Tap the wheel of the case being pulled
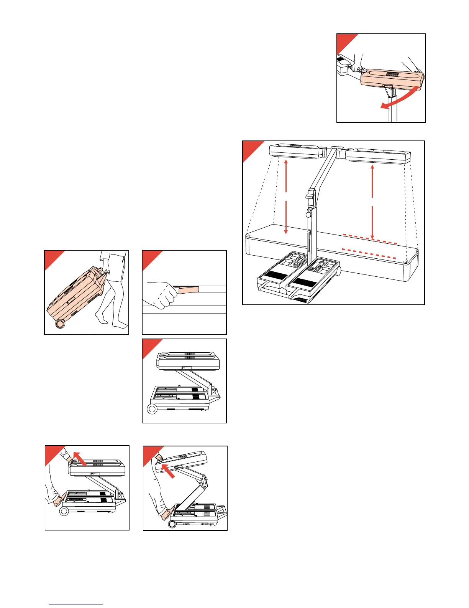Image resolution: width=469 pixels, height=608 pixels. (x=60, y=324)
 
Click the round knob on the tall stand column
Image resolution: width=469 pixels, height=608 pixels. (x=308, y=211)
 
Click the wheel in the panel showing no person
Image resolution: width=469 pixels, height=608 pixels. (x=152, y=409)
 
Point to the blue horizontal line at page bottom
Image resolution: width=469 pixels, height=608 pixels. (x=76, y=605)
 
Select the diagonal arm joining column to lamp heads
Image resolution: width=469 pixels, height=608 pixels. (x=322, y=171)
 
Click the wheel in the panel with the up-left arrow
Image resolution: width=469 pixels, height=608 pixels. (x=64, y=511)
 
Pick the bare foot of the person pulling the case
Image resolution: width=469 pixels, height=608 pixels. (x=121, y=325)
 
